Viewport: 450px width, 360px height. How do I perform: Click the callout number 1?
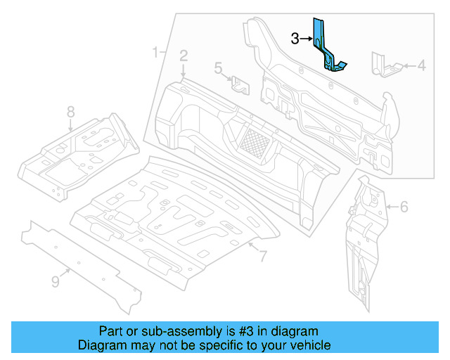coord(155,52)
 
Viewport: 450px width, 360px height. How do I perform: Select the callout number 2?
coord(183,56)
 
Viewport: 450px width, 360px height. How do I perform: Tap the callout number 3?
coord(295,39)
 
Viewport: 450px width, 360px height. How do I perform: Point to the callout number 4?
coord(421,66)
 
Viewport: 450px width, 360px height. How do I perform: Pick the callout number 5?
coord(219,68)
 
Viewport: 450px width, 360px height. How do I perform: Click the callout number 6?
coord(404,207)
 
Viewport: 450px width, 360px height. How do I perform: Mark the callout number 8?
coord(70,111)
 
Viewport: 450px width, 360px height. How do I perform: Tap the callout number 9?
coord(56,282)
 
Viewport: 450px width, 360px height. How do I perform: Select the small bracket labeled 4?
coord(384,65)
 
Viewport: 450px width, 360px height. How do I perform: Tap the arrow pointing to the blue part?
coord(307,39)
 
